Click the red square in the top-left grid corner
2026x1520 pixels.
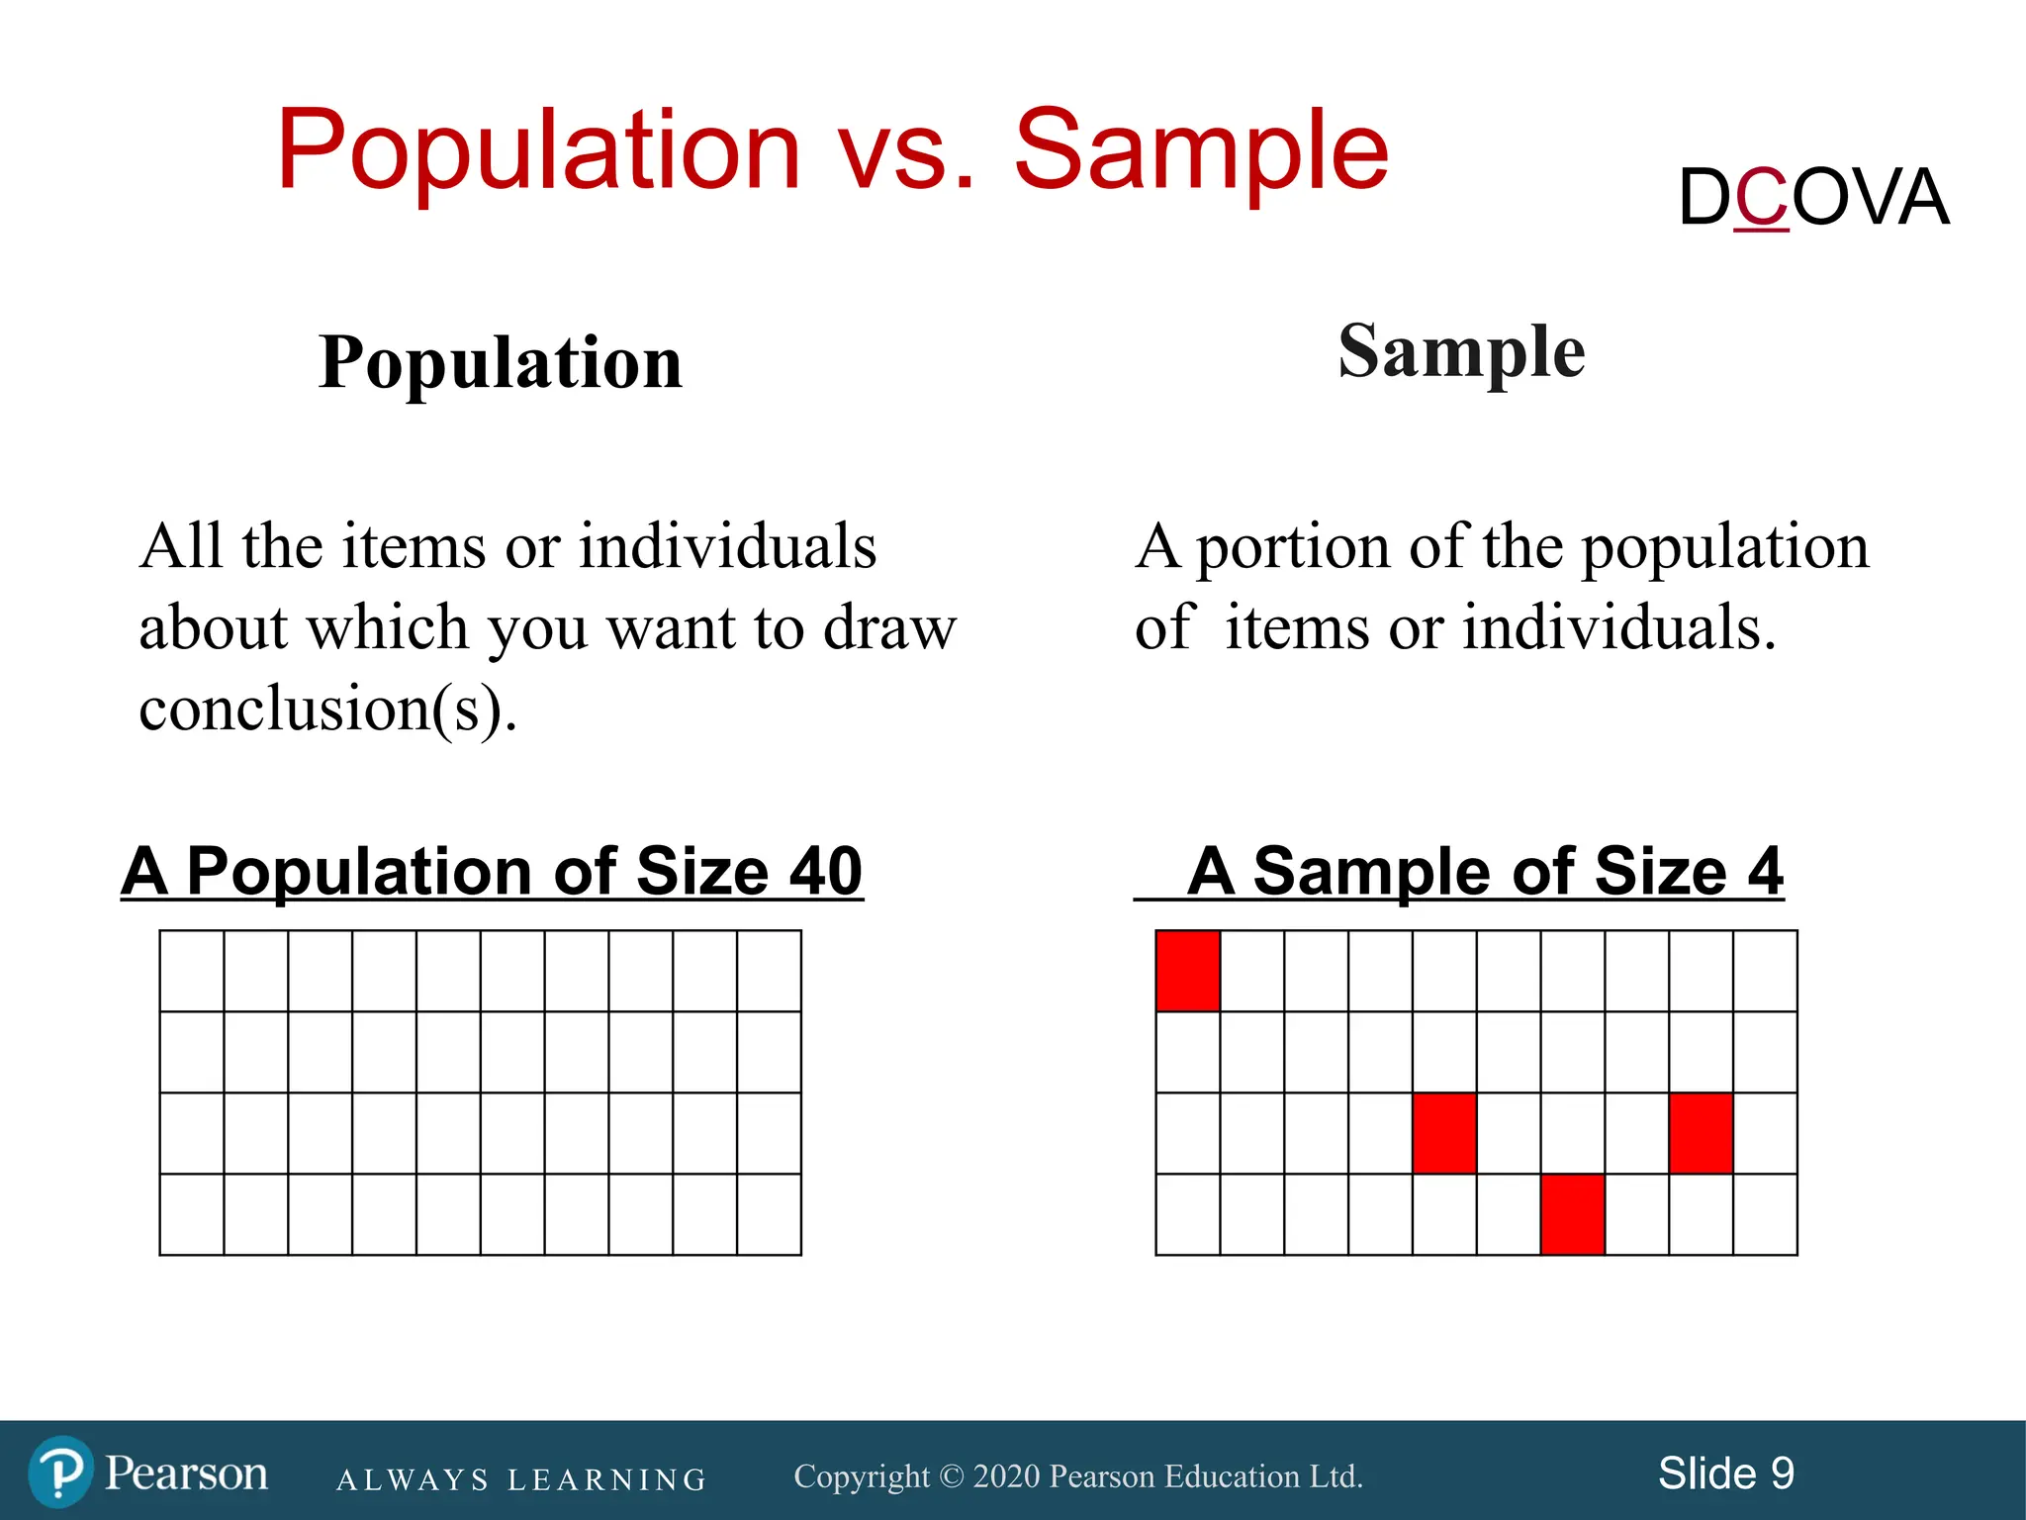(x=1187, y=971)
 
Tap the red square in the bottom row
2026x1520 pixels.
(x=1572, y=1214)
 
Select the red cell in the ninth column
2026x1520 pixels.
(x=1701, y=1133)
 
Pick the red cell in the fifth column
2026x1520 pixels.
(x=1444, y=1133)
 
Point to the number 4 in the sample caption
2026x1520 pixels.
(x=1764, y=871)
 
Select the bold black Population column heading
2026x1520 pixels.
(x=501, y=362)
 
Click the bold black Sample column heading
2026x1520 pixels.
(x=1461, y=351)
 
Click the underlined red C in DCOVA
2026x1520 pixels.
(x=1761, y=198)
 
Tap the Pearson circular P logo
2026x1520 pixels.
(x=60, y=1472)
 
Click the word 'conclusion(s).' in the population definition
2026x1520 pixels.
(x=327, y=710)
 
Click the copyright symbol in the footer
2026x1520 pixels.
(x=951, y=1476)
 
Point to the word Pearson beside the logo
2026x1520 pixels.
(x=186, y=1473)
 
